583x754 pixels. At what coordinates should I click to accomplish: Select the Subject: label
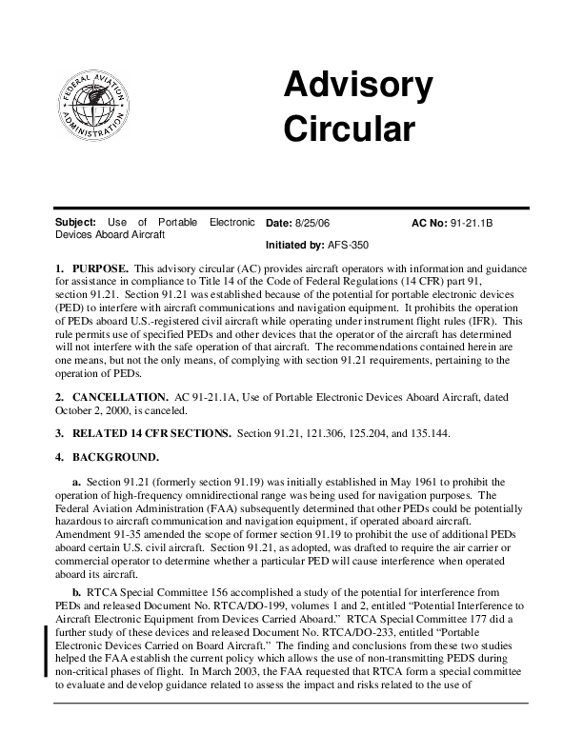click(x=76, y=223)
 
